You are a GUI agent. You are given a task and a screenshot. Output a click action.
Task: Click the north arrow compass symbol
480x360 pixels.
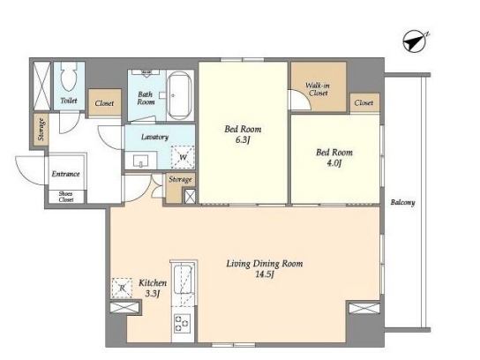coord(415,41)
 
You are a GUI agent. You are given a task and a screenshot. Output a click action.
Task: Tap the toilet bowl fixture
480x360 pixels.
coord(68,77)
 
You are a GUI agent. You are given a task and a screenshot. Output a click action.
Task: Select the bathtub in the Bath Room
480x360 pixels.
coord(179,95)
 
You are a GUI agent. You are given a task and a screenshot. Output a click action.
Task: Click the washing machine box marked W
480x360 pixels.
coord(183,157)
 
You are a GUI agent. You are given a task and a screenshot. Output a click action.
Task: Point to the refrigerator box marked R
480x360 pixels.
coord(122,288)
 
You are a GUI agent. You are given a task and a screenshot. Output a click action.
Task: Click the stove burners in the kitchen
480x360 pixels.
coord(182,323)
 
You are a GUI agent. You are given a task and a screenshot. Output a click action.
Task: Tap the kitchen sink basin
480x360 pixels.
coord(184,279)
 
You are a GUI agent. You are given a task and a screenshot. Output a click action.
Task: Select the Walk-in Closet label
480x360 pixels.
coord(318,89)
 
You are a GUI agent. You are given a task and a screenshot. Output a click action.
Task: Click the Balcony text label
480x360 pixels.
coord(402,202)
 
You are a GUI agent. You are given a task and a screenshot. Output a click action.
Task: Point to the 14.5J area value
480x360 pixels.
coord(265,274)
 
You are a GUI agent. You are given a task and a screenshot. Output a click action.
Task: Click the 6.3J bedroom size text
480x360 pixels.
coord(243,140)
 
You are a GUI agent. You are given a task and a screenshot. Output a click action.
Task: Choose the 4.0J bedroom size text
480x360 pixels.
coord(334,163)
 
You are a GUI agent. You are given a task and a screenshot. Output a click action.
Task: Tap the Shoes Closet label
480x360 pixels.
coord(66,197)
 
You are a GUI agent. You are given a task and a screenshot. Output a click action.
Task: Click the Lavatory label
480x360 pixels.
coord(154,137)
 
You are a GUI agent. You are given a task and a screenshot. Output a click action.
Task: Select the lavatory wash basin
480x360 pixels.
coord(141,161)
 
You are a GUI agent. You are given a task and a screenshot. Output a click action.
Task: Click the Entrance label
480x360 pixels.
coord(65,174)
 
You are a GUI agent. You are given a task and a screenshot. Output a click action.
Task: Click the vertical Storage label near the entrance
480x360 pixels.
coord(41,130)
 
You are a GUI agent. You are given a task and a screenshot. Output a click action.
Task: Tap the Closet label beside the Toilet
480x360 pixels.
coord(104,103)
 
